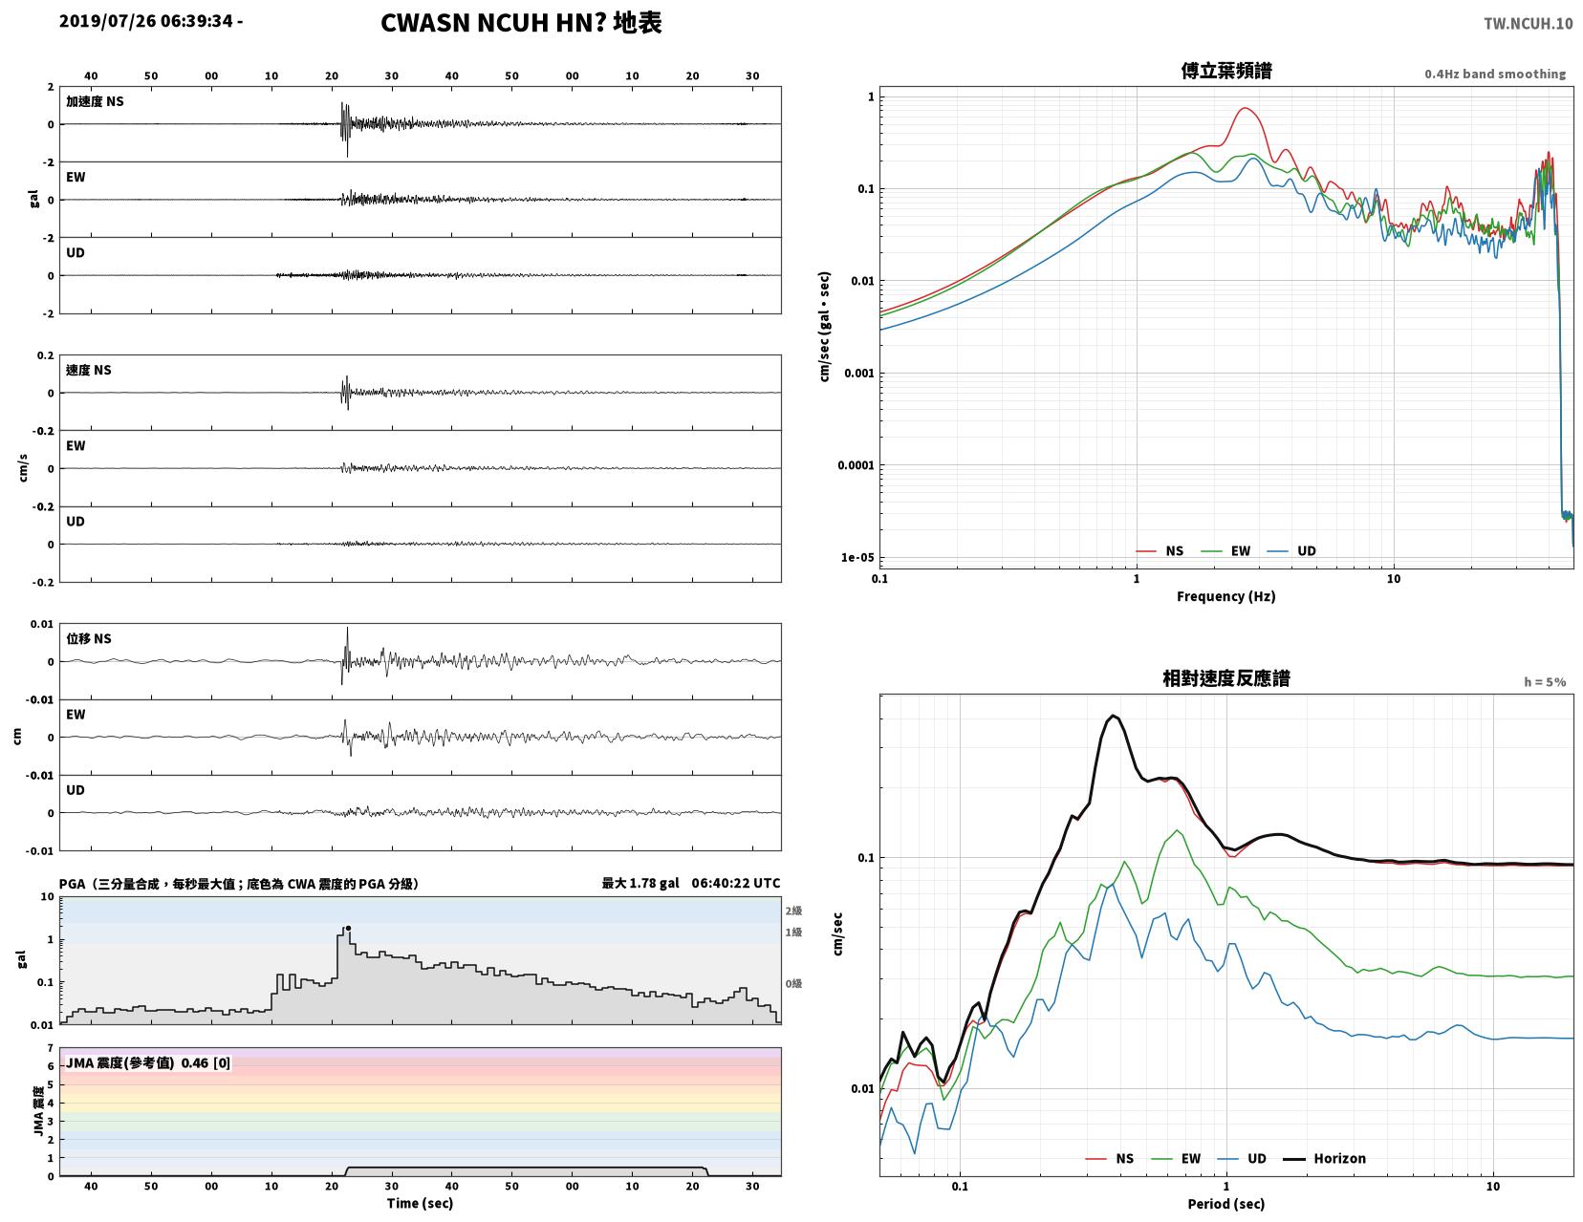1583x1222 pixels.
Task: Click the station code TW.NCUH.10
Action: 1528,23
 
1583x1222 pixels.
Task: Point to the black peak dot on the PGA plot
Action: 348,928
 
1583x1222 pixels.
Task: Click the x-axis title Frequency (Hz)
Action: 1225,596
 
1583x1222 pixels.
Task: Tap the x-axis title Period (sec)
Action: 1225,1204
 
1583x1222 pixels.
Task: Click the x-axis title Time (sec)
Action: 420,1203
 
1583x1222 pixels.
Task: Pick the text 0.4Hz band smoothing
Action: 1495,74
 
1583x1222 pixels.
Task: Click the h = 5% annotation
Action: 1545,682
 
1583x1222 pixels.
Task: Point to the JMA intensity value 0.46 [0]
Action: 206,1062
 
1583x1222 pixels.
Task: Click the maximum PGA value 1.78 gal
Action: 640,883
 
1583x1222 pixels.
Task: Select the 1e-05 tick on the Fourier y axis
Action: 857,558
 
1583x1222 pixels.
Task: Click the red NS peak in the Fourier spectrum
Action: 1245,109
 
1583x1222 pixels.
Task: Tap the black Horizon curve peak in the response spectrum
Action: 1113,717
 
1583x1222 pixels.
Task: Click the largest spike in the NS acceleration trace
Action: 347,131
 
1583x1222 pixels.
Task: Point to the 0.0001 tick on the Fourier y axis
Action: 856,465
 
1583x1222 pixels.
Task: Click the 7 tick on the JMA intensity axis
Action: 51,1048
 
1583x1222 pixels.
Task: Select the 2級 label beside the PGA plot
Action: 793,911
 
